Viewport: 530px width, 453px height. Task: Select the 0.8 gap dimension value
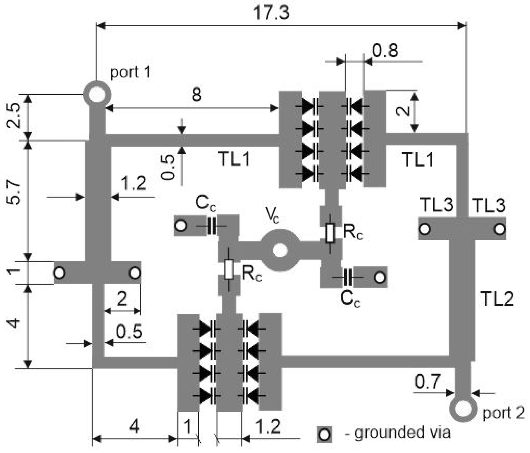click(x=385, y=51)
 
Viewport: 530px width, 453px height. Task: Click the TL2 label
click(x=497, y=299)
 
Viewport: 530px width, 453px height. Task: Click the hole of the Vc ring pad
click(x=280, y=250)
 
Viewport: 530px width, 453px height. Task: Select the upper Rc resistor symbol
click(x=330, y=233)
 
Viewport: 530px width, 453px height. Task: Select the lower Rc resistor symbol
click(x=229, y=269)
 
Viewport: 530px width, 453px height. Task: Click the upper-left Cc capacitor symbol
click(x=211, y=226)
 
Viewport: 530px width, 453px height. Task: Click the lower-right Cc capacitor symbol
click(x=348, y=277)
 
